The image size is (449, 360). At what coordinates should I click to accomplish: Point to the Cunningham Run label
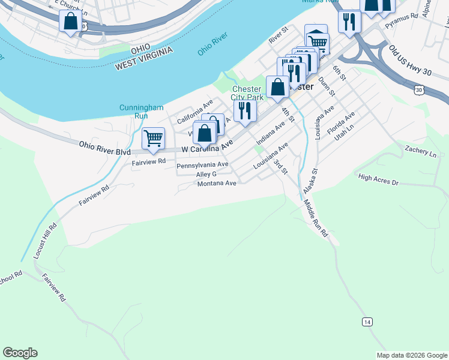pos(141,111)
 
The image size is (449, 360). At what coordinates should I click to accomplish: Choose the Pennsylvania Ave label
pos(202,164)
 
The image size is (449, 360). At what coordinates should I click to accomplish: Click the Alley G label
pos(206,174)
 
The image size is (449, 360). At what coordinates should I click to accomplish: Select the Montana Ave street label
pos(217,184)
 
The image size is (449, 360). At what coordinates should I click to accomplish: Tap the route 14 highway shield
pos(367,322)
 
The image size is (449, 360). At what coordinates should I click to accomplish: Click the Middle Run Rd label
pos(315,218)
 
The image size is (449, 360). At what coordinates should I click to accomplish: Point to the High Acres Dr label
pos(378,179)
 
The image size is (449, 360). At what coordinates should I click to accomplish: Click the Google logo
pos(20,353)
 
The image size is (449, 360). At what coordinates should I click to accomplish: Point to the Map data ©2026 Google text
pos(411,355)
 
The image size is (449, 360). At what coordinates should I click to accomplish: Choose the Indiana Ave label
pos(270,134)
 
